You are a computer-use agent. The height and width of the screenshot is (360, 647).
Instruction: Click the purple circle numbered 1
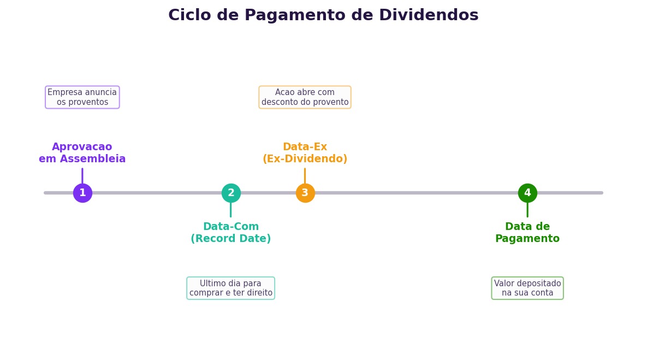coord(82,193)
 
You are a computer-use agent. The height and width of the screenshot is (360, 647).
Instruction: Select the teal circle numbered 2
coord(231,193)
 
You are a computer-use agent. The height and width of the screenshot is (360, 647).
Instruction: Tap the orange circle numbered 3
coord(305,193)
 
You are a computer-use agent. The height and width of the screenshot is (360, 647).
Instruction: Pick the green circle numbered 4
coord(527,193)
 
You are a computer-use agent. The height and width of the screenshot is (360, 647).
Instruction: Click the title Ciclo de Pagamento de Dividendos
coord(323,15)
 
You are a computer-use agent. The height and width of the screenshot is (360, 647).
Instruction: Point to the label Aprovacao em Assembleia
coord(82,153)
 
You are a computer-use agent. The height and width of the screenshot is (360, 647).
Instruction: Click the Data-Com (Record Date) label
coord(231,233)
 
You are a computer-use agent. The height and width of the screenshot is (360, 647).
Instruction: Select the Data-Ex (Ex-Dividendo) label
coord(305,153)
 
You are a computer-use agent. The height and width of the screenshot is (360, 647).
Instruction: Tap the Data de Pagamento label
coord(527,233)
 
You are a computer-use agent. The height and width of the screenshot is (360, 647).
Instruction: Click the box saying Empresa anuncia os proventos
coord(82,97)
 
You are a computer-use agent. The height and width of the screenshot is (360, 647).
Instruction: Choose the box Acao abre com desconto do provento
coord(305,97)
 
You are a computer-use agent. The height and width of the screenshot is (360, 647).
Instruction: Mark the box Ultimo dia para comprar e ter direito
coord(231,288)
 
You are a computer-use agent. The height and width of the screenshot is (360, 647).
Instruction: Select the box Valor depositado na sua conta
coord(527,288)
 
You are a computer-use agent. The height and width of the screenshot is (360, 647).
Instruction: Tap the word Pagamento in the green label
coord(527,239)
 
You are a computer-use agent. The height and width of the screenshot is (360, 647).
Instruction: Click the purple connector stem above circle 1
coord(82,176)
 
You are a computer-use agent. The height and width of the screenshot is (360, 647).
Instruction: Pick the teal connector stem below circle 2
coord(231,210)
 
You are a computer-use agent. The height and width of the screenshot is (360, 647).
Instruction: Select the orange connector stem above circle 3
coord(305,176)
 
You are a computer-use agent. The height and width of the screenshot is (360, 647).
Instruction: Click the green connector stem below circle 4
coord(527,210)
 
